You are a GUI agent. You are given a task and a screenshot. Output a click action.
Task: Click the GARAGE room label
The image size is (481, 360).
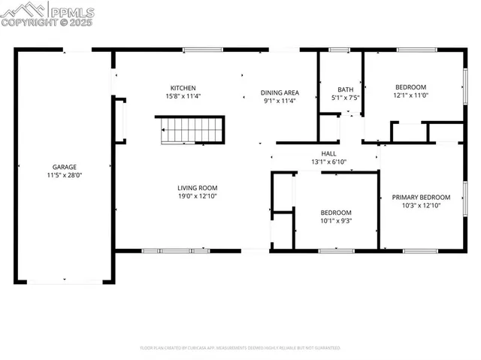[x=64, y=167]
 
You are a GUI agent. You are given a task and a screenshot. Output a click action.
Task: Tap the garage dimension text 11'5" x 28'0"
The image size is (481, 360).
[x=64, y=175]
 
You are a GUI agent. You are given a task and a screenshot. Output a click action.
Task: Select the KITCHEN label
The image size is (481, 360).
[x=183, y=88]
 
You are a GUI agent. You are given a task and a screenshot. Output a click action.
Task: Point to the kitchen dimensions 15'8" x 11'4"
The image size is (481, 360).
[x=183, y=96]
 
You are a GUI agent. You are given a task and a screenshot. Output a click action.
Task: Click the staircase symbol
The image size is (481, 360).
[x=192, y=130]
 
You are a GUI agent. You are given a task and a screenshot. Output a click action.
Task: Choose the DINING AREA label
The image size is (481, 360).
[x=280, y=92]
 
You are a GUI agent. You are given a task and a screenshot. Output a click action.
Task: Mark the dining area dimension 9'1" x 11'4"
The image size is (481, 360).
[x=280, y=101]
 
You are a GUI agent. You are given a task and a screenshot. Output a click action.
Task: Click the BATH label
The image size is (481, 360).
[x=345, y=89]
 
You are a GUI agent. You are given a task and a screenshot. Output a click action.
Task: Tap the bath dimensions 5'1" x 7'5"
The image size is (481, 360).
[x=345, y=97]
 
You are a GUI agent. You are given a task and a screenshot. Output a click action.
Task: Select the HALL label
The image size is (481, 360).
[x=328, y=153]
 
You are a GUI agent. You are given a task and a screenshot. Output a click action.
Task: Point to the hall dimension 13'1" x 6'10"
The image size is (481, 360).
[x=328, y=162]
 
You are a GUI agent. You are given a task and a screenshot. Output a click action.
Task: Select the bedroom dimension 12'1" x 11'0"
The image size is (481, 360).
[x=410, y=95]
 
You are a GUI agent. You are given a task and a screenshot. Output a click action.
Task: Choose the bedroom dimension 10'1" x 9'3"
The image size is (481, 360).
[x=336, y=221]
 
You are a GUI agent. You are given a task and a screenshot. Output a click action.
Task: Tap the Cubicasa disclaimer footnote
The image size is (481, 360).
[x=240, y=348]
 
